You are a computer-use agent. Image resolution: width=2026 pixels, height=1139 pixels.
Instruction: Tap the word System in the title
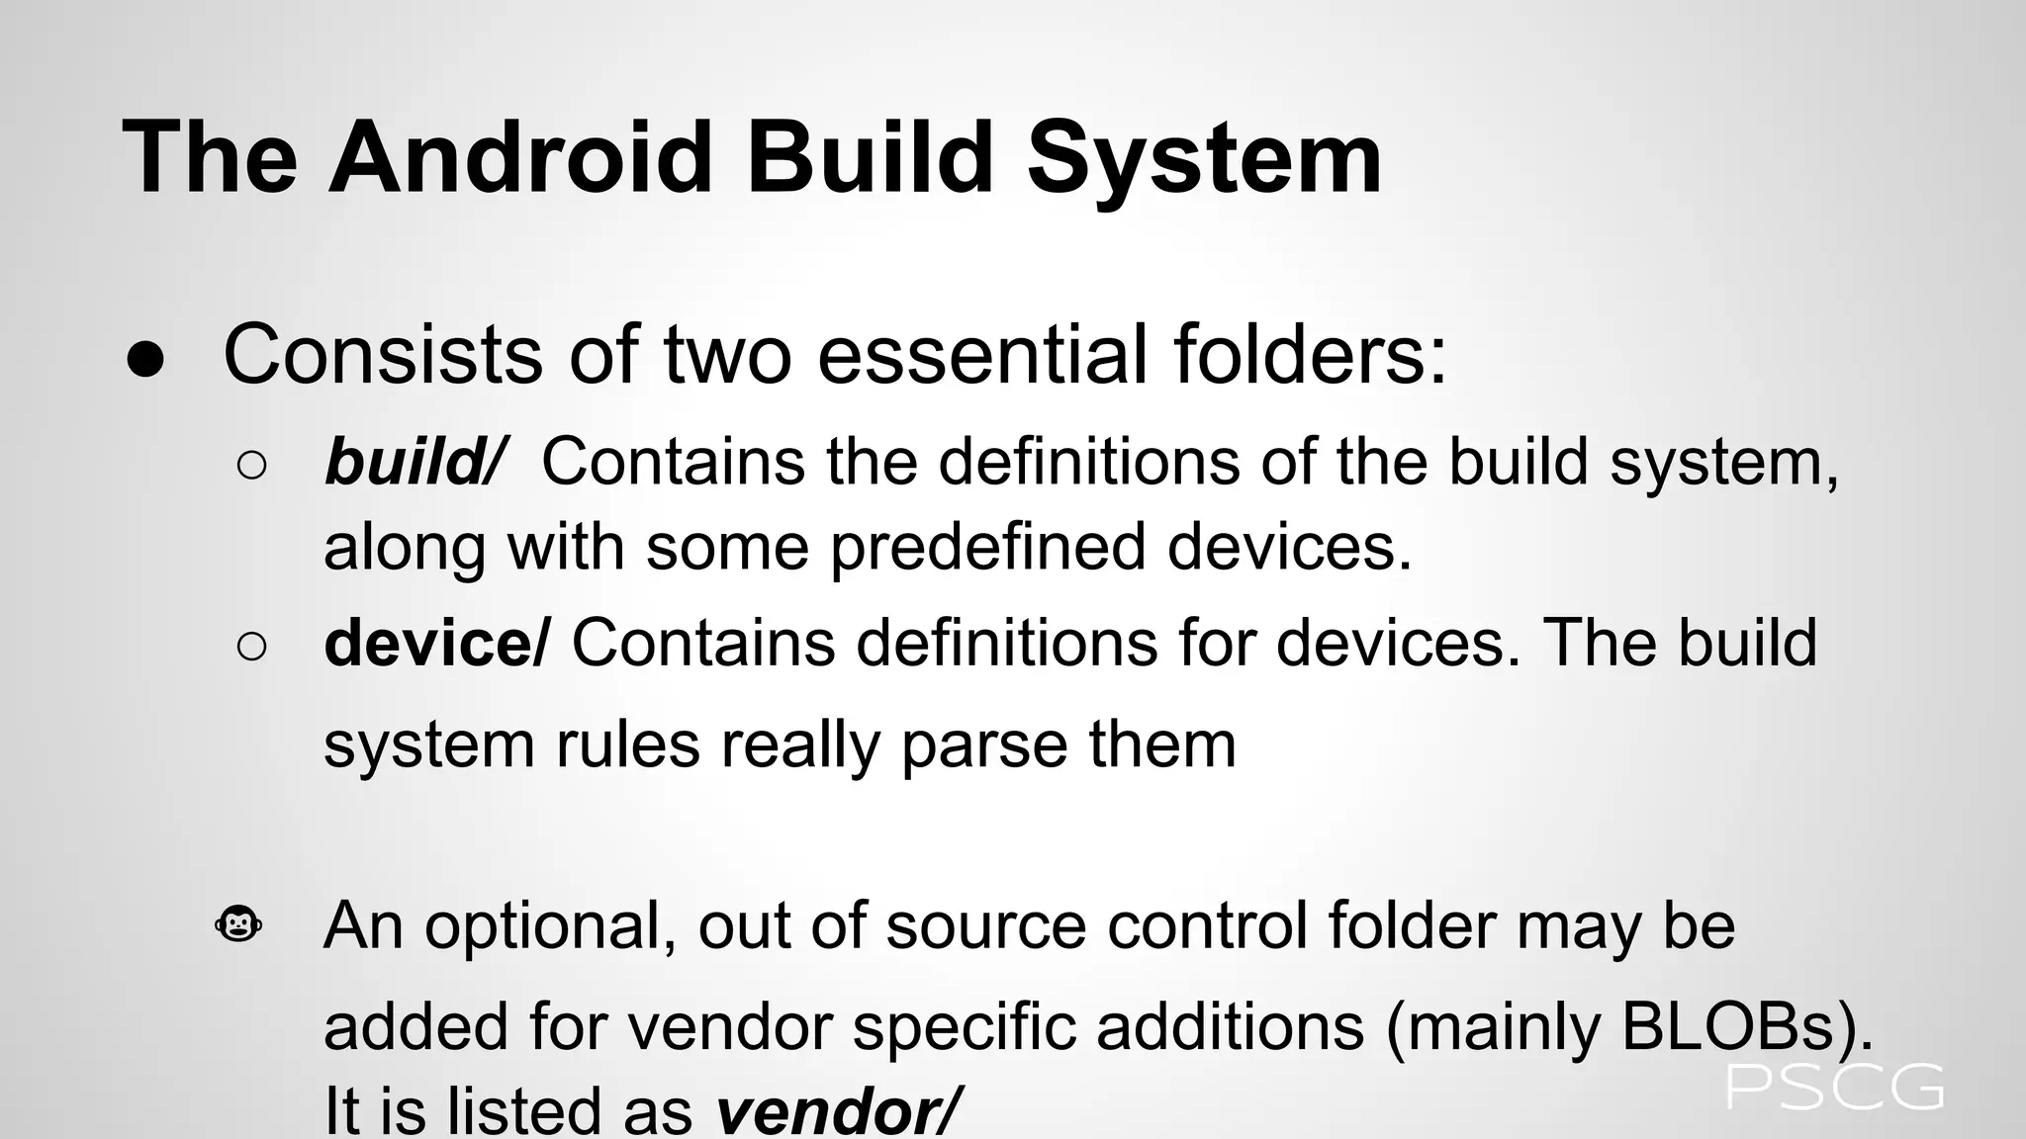(1204, 158)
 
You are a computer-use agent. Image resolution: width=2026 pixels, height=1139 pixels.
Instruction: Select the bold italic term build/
(414, 462)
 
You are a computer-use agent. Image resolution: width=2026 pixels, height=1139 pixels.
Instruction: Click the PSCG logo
(1835, 1087)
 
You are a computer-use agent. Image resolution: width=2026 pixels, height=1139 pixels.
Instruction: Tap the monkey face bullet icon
(238, 925)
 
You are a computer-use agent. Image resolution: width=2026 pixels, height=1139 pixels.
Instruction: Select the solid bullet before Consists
(146, 361)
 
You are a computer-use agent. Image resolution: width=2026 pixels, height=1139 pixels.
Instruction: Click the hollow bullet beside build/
(252, 466)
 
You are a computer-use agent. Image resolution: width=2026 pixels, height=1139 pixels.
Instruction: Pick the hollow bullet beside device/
(252, 647)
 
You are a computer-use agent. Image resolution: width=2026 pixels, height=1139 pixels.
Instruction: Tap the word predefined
(987, 547)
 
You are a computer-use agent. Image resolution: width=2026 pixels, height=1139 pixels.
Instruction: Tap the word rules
(628, 745)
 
